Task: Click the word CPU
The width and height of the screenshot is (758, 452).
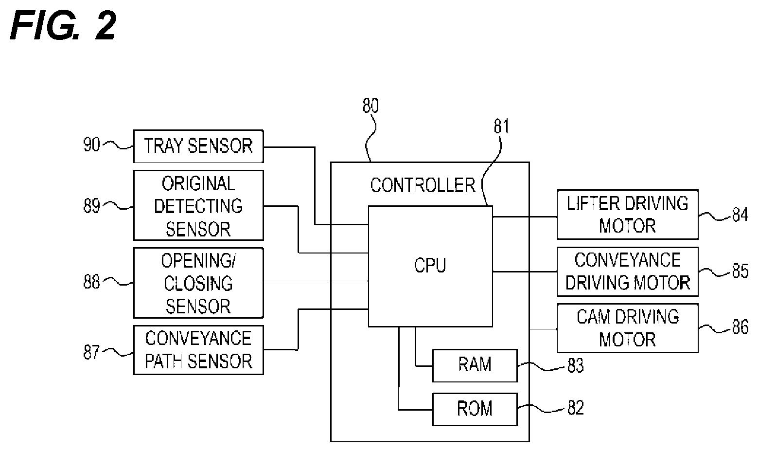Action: (430, 265)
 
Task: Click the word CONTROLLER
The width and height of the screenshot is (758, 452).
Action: (423, 185)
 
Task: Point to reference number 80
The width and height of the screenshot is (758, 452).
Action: (370, 106)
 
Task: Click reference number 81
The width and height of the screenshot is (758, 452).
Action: (501, 127)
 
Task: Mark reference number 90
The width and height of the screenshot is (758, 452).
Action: (91, 145)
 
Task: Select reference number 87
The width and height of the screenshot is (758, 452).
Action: (91, 352)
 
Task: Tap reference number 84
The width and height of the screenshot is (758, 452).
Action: (740, 215)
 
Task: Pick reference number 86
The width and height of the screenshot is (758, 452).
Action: (740, 327)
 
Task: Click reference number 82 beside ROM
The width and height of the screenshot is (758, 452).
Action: (576, 408)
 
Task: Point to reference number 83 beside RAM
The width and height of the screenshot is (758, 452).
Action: (576, 366)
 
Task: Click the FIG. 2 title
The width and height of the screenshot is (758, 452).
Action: (63, 25)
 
